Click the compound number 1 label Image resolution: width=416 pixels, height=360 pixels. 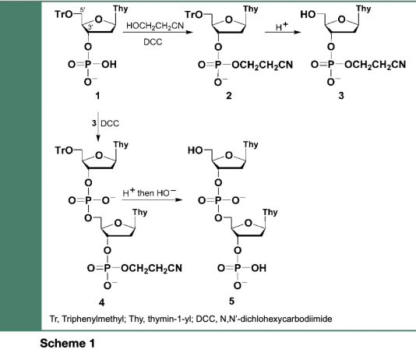coord(97,96)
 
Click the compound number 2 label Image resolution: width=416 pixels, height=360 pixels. coord(229,96)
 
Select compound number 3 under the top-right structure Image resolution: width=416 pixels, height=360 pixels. coord(341,96)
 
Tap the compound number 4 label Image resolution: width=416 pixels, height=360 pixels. coord(101,302)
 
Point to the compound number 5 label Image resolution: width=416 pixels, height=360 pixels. coord(231,301)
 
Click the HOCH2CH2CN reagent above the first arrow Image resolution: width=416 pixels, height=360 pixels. coord(155,26)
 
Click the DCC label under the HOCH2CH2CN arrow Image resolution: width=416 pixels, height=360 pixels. coord(153,42)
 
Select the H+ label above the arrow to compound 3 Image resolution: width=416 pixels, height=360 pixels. coord(281,26)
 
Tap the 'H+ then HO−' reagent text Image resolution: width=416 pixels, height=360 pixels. coord(150,193)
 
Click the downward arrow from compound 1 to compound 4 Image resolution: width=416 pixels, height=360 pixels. coord(98,127)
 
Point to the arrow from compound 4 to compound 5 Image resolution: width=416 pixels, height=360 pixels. coord(153,199)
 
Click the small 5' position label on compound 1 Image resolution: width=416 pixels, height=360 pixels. coord(83,9)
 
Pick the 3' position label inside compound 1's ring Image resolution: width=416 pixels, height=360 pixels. coord(90,26)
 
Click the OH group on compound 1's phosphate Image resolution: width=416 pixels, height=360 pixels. coord(109,65)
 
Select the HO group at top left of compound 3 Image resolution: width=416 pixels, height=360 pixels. coord(308,14)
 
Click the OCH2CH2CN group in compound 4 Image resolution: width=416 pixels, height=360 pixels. coord(151,269)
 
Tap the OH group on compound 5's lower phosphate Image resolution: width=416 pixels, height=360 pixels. coord(259,268)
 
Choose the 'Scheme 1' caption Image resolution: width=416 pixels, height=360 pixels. coord(68,344)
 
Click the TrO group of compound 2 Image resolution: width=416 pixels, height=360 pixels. coord(194,15)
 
